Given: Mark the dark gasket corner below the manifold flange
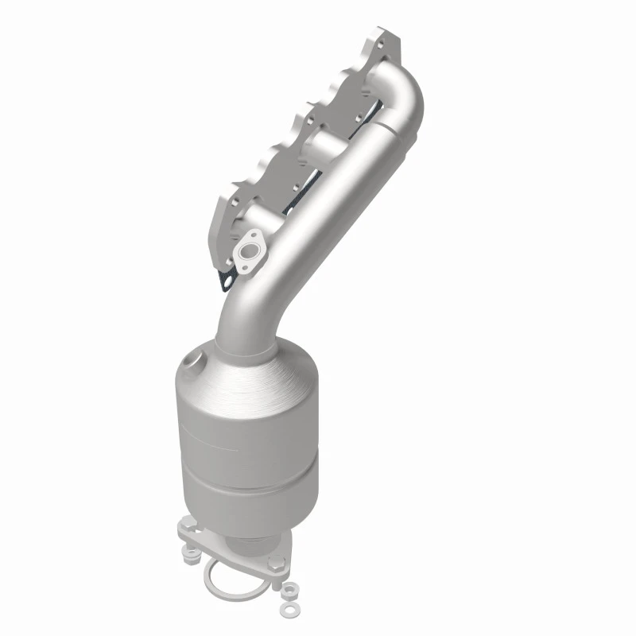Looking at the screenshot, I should [x=227, y=278].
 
